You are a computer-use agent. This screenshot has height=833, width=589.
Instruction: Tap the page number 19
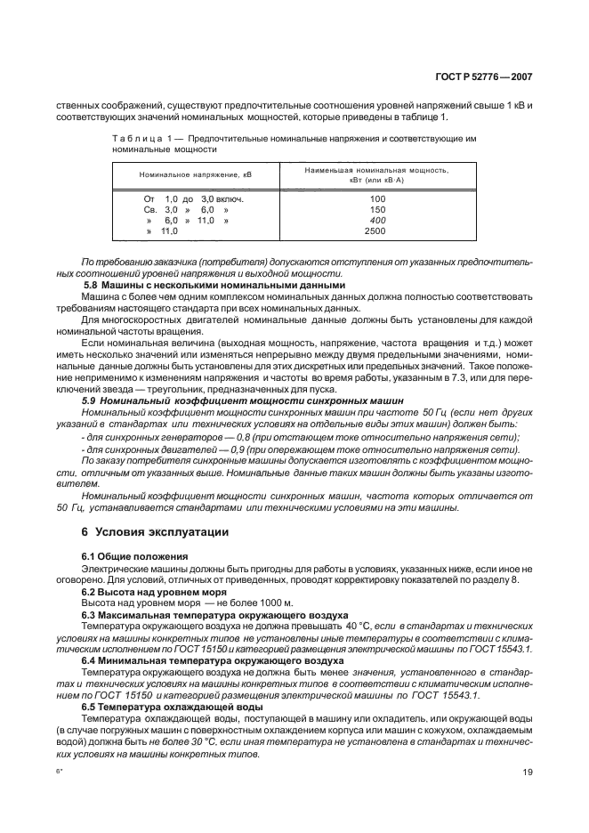[x=528, y=785]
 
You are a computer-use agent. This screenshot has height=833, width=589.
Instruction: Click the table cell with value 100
[x=376, y=198]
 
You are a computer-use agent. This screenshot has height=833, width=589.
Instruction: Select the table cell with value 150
[x=376, y=209]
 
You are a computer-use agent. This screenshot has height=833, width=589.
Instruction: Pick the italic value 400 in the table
[x=376, y=220]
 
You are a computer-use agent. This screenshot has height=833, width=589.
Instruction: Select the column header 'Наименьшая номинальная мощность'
[x=376, y=169]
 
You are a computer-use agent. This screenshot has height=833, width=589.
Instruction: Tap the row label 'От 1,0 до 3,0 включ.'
[x=182, y=198]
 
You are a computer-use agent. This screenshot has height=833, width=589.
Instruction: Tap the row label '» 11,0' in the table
[x=162, y=230]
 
